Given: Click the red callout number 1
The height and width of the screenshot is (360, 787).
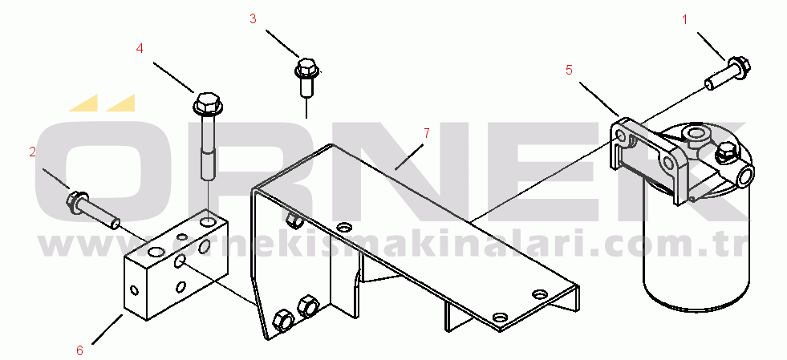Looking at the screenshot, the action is pyautogui.click(x=684, y=19).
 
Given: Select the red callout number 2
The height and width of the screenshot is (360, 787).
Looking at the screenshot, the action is pyautogui.click(x=33, y=152).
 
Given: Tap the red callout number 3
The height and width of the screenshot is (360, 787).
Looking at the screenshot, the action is pyautogui.click(x=253, y=18).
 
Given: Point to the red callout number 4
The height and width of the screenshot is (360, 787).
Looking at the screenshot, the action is pyautogui.click(x=140, y=48).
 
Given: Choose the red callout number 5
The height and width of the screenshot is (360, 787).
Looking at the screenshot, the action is pyautogui.click(x=569, y=71).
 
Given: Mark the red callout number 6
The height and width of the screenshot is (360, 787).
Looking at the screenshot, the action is pyautogui.click(x=79, y=350).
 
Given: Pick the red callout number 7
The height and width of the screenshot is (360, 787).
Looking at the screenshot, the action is pyautogui.click(x=427, y=133).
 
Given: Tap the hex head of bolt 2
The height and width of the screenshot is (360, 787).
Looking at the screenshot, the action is pyautogui.click(x=77, y=200).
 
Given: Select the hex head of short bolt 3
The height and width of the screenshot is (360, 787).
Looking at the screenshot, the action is pyautogui.click(x=305, y=68).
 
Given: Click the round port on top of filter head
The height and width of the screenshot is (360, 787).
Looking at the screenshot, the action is pyautogui.click(x=696, y=134).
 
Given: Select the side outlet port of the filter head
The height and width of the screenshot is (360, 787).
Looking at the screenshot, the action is pyautogui.click(x=745, y=175).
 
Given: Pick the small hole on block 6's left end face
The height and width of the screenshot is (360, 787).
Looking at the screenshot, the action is pyautogui.click(x=134, y=289).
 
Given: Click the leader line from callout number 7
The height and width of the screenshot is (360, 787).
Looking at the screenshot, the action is pyautogui.click(x=409, y=157).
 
